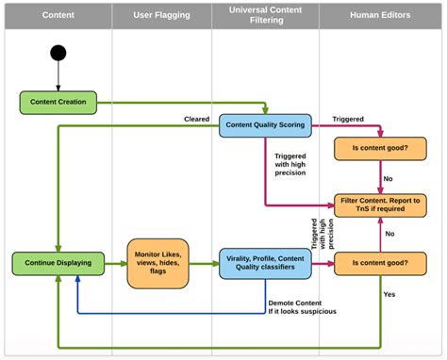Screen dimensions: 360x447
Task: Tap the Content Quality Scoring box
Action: pos(265,125)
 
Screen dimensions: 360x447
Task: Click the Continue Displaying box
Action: pos(58,264)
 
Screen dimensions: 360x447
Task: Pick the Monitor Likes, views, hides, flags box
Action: pos(159,264)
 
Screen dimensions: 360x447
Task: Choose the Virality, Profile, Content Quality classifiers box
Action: pos(265,264)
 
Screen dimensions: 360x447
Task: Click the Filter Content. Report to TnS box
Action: pos(381,205)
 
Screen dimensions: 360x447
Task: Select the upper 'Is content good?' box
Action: pos(381,149)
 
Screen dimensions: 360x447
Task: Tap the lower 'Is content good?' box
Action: pos(381,264)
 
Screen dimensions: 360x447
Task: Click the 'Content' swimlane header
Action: pos(58,15)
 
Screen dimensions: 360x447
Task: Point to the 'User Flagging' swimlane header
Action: pos(160,15)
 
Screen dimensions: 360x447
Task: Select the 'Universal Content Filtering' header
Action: pos(265,15)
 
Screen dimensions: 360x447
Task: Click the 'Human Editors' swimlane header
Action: pos(381,15)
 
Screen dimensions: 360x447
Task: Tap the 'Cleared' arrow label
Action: pos(196,118)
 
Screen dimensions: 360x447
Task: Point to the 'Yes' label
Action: pos(389,295)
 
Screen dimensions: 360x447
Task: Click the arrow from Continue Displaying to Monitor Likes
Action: pos(114,264)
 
